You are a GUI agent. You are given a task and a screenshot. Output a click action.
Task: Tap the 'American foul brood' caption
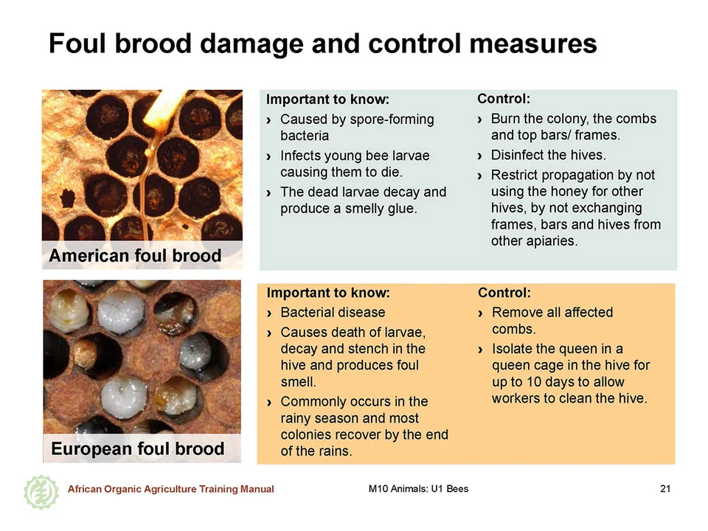tap(135, 256)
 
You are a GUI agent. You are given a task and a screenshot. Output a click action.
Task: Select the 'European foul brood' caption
tap(138, 449)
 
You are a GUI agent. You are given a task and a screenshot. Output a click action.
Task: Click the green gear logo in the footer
tap(41, 492)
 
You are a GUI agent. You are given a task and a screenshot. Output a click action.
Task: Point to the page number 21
tap(665, 488)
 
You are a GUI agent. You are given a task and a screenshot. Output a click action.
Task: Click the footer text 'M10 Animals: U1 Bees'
tap(418, 488)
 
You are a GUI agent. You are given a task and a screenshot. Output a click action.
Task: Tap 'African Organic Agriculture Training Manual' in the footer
tap(170, 489)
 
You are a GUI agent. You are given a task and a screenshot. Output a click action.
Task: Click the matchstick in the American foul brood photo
tap(164, 108)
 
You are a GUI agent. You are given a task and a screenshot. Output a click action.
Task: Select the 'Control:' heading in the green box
tap(504, 98)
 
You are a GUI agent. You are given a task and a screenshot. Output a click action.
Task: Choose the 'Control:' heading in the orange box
tap(504, 293)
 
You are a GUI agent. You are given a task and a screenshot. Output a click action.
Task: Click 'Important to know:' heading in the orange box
tap(328, 293)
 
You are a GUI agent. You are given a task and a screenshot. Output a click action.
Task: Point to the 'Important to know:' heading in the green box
tap(327, 99)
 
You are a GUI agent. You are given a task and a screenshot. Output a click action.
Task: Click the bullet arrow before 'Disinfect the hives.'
tap(479, 156)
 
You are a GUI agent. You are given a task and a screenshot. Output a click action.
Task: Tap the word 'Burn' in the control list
tap(505, 119)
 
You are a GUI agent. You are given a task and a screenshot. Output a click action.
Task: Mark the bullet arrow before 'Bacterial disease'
tap(269, 313)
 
